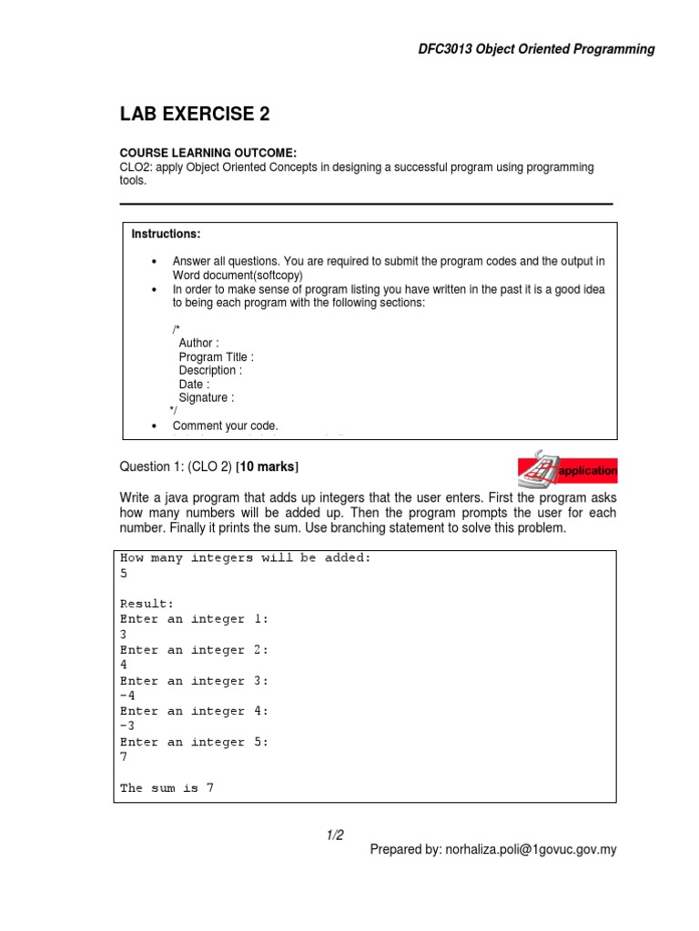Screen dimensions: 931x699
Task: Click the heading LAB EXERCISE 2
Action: (195, 115)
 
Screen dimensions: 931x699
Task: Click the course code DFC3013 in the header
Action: (441, 49)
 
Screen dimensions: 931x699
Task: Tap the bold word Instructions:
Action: (166, 235)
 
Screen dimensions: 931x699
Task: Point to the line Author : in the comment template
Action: (198, 344)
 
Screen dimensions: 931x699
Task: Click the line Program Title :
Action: (216, 357)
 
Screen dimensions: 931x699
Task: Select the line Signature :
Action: (207, 397)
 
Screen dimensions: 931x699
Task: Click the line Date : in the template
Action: (194, 385)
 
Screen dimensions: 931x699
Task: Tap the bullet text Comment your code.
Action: (225, 425)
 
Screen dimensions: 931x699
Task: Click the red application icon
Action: (566, 469)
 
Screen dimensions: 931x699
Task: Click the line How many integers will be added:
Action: (246, 558)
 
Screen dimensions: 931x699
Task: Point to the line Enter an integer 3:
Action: (194, 681)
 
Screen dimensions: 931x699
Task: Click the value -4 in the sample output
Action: (127, 696)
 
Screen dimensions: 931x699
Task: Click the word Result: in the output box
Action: (146, 604)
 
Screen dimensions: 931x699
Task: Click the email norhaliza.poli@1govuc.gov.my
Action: (531, 850)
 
